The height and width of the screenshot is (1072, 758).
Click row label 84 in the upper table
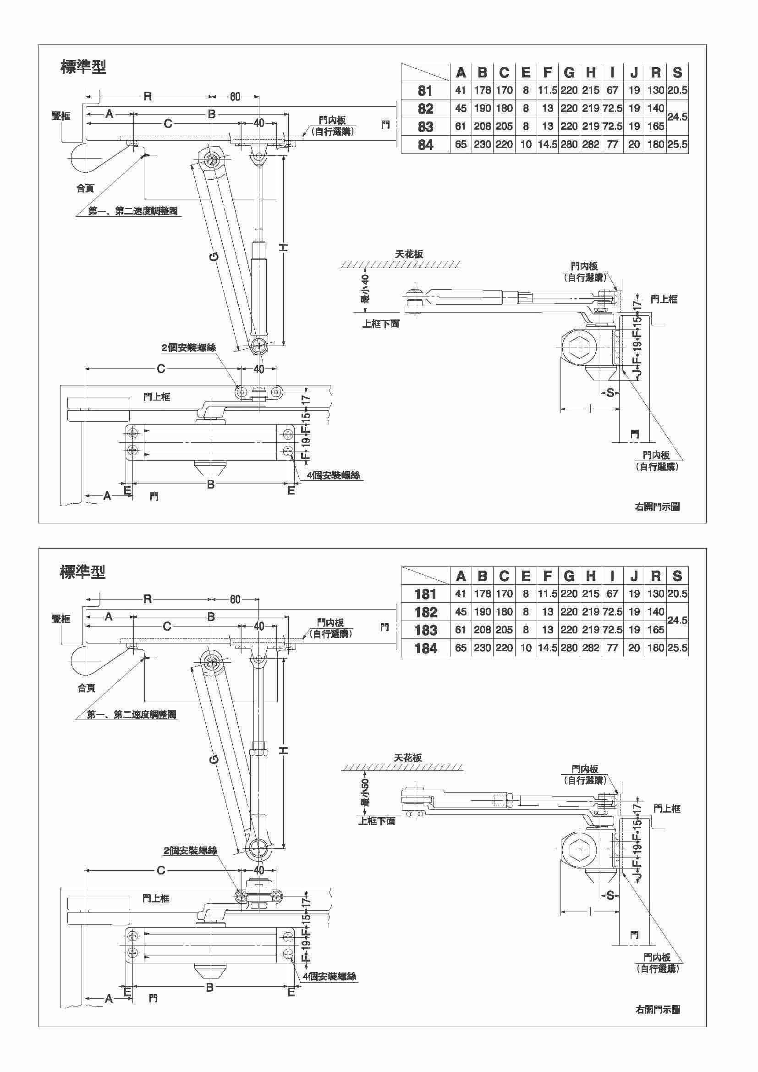pyautogui.click(x=425, y=145)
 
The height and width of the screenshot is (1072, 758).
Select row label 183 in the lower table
pyautogui.click(x=425, y=630)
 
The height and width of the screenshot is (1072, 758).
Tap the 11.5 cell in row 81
pyautogui.click(x=548, y=90)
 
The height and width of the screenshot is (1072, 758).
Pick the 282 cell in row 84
pyautogui.click(x=590, y=145)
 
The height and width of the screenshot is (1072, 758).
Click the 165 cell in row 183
pyautogui.click(x=655, y=630)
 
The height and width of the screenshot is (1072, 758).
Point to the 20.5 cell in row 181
pyautogui.click(x=677, y=594)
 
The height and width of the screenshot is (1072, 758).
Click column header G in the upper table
pyautogui.click(x=569, y=72)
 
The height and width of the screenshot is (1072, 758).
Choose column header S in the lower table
pyautogui.click(x=677, y=576)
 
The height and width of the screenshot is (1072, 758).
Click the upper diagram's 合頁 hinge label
pyautogui.click(x=85, y=188)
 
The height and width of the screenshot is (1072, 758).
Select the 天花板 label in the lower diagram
pyautogui.click(x=407, y=757)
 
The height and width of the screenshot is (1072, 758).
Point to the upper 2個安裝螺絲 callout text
pyautogui.click(x=188, y=348)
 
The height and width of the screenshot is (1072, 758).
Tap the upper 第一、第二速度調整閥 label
pyautogui.click(x=133, y=211)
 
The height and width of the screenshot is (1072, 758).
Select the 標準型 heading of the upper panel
pyautogui.click(x=83, y=67)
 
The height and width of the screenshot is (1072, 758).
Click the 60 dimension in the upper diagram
pyautogui.click(x=235, y=97)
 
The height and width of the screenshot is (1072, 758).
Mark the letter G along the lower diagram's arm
pyautogui.click(x=214, y=759)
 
